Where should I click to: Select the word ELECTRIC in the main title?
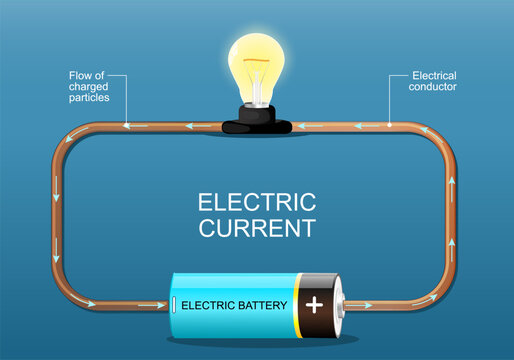pos(256,202)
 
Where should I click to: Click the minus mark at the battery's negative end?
pos(176,304)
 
